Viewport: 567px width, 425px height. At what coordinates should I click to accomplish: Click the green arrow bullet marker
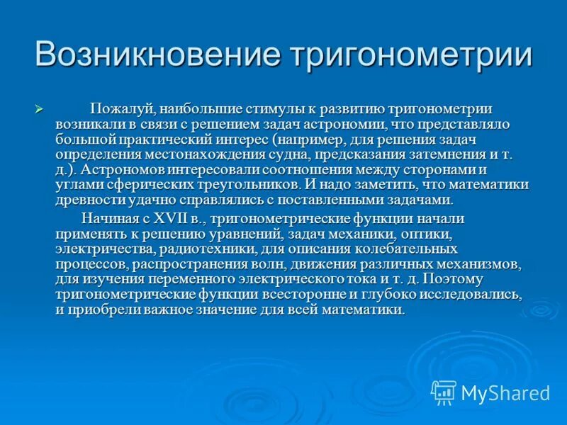[39, 109]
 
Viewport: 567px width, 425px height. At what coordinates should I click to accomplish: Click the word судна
[263, 154]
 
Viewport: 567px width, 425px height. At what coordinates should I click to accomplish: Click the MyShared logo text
[505, 392]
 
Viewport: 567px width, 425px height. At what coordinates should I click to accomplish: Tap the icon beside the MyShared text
[444, 392]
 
